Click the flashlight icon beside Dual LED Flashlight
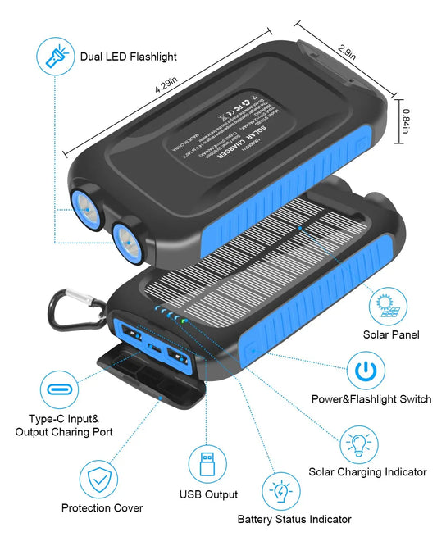tap(55, 57)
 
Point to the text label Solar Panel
tap(391, 334)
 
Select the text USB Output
tap(207, 494)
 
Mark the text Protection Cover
tap(102, 508)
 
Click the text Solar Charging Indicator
tap(366, 471)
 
